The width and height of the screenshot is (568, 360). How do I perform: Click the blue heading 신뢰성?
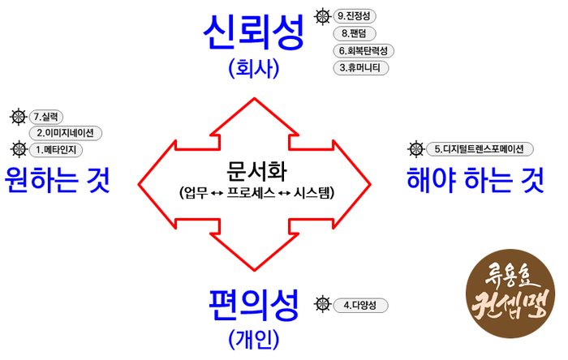click(x=254, y=32)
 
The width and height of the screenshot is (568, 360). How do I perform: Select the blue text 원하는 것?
click(x=57, y=180)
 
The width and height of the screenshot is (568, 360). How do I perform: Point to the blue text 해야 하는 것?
click(x=475, y=180)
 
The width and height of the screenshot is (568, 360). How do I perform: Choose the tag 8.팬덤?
click(x=356, y=33)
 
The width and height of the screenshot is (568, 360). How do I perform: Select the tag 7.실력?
click(x=48, y=117)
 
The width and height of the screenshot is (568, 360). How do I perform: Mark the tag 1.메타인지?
click(x=57, y=149)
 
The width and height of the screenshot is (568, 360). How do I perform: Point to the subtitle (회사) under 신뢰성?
click(x=254, y=68)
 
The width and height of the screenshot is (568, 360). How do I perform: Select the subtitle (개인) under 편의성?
click(x=254, y=336)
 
